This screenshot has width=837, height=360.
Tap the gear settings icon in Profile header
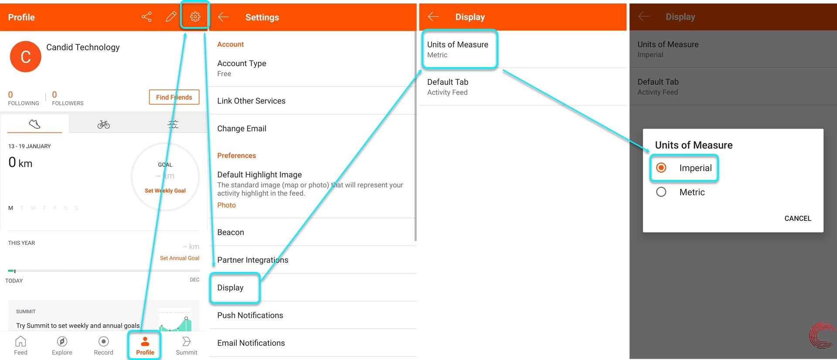tap(195, 17)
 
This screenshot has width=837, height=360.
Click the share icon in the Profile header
tap(146, 17)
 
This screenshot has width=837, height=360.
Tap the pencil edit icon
tap(171, 17)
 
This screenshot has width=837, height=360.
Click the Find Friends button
tap(174, 97)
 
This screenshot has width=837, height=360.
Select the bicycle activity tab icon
tap(104, 125)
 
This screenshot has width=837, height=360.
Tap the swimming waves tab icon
tap(173, 124)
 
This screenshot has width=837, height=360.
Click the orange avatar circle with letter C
tap(25, 57)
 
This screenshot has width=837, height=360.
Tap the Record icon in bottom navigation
tap(103, 341)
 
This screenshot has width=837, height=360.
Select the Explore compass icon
tap(62, 341)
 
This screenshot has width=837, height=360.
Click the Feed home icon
tap(20, 341)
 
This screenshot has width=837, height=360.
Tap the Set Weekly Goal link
tap(165, 190)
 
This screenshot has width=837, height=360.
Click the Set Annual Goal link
tap(180, 258)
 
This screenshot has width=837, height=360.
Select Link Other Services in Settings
tap(251, 101)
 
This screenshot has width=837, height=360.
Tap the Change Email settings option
tap(242, 129)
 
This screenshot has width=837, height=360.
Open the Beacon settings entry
tap(231, 232)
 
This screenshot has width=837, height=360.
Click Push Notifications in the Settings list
tap(250, 315)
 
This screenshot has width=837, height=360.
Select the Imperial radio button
tap(661, 168)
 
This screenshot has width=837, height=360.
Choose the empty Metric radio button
tap(661, 192)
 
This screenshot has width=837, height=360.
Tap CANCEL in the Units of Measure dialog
tap(798, 218)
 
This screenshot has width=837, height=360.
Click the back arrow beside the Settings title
tap(223, 17)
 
